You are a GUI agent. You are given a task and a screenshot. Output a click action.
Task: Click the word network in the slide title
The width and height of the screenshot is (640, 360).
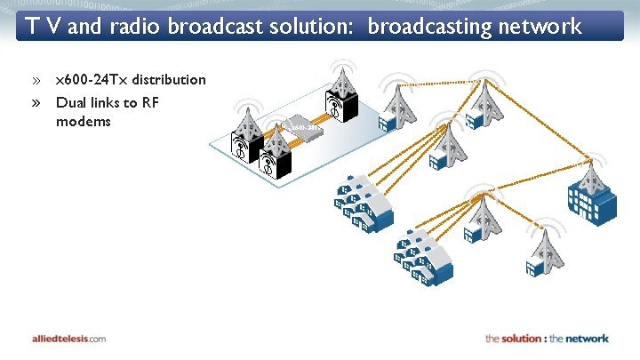click(x=541, y=27)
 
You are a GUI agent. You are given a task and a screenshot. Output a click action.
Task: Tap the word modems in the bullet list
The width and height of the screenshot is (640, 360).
click(x=83, y=121)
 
